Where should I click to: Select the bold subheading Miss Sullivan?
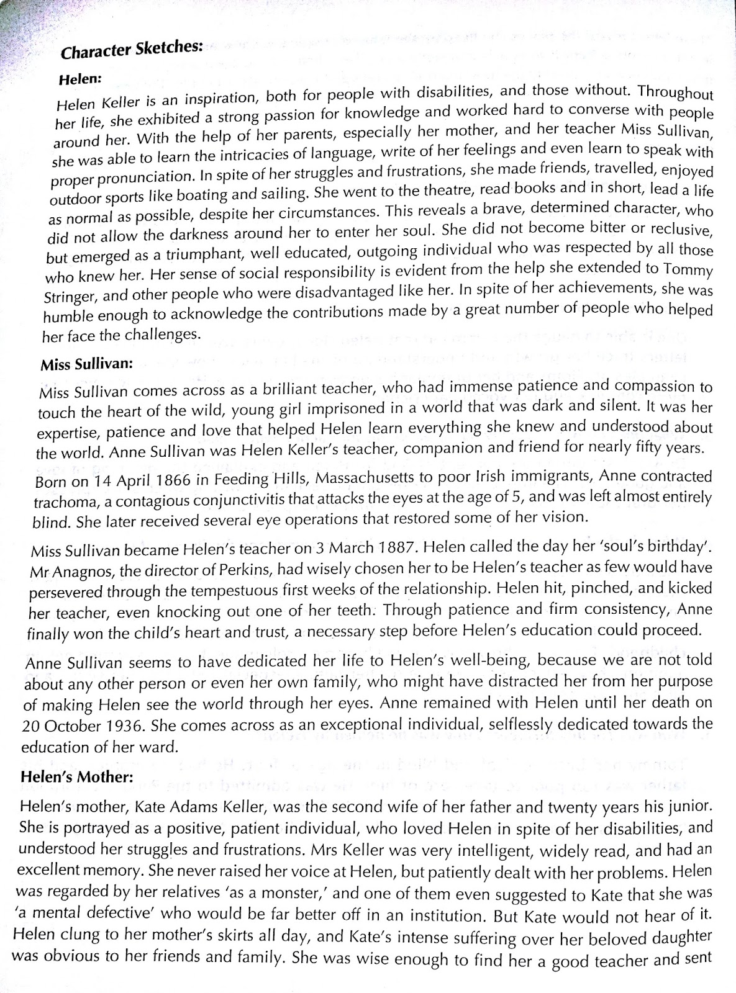[87, 364]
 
